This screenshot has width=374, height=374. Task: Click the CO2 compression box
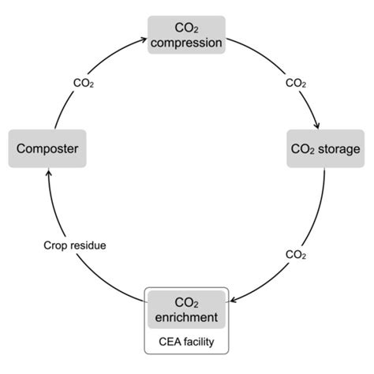186,35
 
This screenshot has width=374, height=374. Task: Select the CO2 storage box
324,148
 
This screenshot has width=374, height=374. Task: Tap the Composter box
47,148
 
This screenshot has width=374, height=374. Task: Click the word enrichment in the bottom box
188,316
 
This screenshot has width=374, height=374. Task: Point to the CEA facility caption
188,343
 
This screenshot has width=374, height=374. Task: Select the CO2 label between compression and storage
296,81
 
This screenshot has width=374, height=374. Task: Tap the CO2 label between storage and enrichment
296,254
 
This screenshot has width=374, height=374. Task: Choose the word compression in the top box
187,43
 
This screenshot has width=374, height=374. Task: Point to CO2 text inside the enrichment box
187,301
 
